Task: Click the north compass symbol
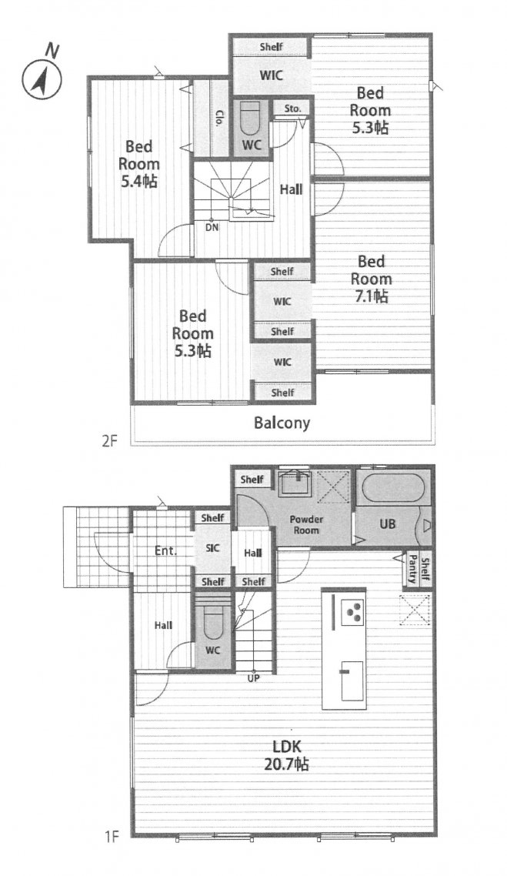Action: coord(42,78)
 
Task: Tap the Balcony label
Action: coord(282,423)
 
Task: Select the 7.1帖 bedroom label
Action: coord(372,279)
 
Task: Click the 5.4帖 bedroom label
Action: coord(138,164)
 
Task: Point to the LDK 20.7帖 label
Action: coord(287,755)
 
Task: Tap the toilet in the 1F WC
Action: coord(213,624)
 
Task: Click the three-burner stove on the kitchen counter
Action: coord(352,612)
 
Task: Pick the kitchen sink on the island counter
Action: coord(352,680)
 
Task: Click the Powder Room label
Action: coord(306,524)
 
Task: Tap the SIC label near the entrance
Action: coord(213,549)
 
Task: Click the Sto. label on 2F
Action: coord(292,109)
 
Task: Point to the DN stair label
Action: coord(212,227)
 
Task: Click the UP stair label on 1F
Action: coord(254,680)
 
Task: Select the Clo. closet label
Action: coord(218,119)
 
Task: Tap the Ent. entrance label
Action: coord(166,551)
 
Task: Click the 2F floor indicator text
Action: coord(111,441)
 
